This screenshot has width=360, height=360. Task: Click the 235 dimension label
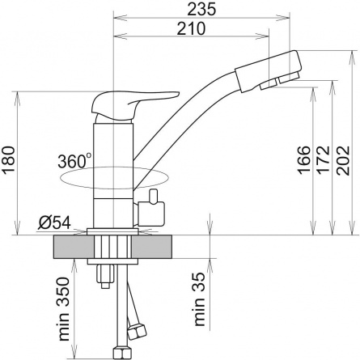click(x=202, y=9)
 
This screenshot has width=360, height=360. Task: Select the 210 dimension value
click(x=191, y=28)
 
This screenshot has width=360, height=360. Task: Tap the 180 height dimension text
click(x=8, y=160)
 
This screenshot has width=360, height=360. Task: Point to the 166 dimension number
click(x=304, y=160)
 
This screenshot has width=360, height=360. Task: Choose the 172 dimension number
click(x=324, y=160)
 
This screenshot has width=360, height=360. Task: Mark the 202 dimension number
click(x=343, y=160)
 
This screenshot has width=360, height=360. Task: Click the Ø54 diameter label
click(x=54, y=222)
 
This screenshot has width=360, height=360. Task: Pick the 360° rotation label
click(x=74, y=161)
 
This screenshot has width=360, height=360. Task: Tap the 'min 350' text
click(x=64, y=308)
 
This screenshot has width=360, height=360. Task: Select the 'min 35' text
click(x=199, y=299)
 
